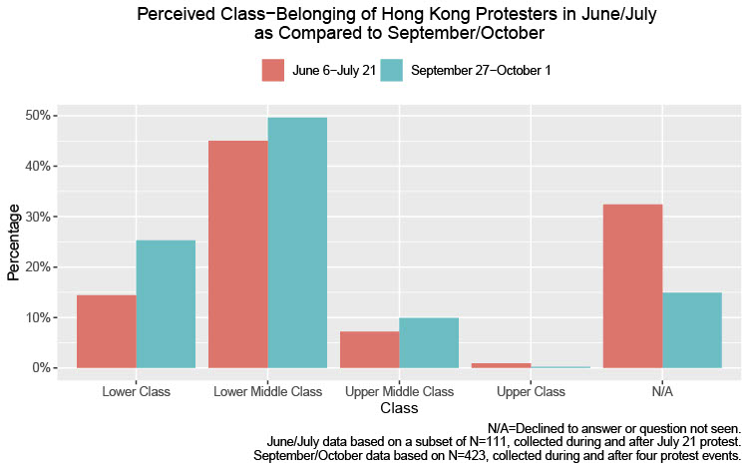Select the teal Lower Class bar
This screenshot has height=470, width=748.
coord(166,304)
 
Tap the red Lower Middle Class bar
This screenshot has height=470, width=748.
coord(237,254)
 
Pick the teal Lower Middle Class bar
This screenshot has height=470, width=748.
coord(297,242)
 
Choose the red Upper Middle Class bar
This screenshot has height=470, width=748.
coord(369,349)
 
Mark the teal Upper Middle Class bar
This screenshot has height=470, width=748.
coord(429,343)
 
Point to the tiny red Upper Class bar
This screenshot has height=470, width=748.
coord(501,365)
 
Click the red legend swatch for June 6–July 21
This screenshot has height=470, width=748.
coord(273,70)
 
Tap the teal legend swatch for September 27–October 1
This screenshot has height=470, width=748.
coord(390,70)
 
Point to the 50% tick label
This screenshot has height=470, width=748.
coord(40,116)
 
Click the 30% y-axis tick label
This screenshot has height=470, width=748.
coord(40,217)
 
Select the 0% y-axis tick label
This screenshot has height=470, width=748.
coord(43,368)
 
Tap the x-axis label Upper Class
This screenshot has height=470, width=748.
coord(531,391)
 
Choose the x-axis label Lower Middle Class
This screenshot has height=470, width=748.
coord(267,391)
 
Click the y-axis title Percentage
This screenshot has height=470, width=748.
coord(14,242)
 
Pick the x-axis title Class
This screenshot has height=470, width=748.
coord(399,408)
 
